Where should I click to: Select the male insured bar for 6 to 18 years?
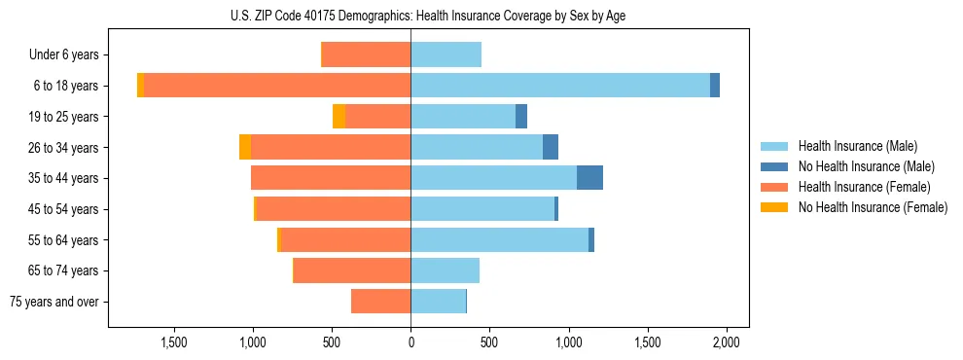(x=560, y=86)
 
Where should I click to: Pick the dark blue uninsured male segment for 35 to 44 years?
(x=589, y=178)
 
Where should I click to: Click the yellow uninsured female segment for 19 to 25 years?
(x=339, y=117)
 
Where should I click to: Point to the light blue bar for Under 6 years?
(x=446, y=55)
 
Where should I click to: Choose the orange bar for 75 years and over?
(x=381, y=302)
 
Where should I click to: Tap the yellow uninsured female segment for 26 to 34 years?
(x=245, y=148)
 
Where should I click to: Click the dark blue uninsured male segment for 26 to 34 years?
(x=551, y=148)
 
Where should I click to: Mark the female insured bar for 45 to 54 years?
(x=333, y=209)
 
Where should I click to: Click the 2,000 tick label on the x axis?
(x=727, y=342)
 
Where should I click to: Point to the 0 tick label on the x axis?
(x=410, y=342)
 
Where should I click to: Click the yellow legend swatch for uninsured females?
(x=774, y=207)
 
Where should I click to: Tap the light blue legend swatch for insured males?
(x=774, y=146)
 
